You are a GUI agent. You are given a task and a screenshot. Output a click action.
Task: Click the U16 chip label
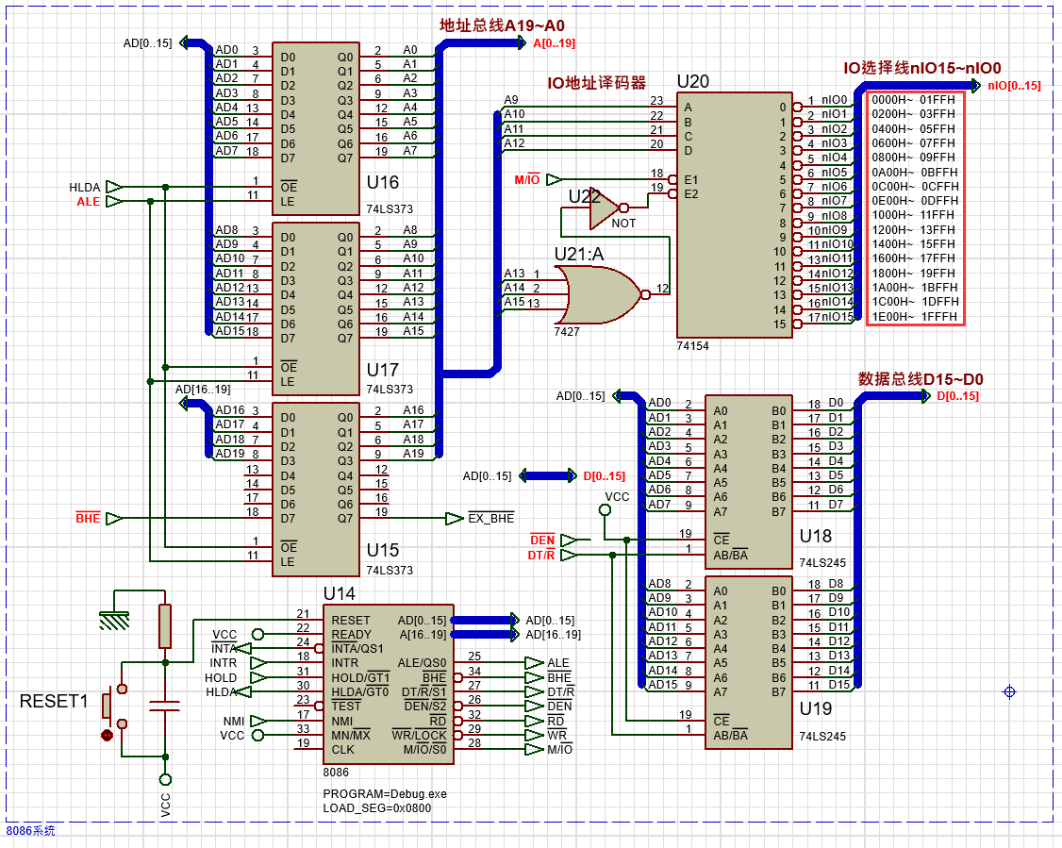(x=382, y=183)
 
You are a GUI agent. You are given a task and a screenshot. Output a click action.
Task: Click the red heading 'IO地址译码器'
(x=597, y=83)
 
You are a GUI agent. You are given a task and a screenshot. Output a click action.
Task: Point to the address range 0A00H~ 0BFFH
(x=913, y=173)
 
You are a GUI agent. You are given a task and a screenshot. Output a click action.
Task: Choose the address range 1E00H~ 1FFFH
(x=913, y=316)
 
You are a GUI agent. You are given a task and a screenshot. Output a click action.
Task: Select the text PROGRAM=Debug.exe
(x=385, y=793)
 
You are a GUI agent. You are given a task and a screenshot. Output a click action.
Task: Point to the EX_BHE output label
(x=491, y=519)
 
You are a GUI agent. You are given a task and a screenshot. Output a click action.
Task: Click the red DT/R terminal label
(x=540, y=556)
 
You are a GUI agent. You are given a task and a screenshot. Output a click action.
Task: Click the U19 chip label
(x=816, y=707)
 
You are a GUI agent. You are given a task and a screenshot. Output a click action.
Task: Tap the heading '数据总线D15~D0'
(x=921, y=379)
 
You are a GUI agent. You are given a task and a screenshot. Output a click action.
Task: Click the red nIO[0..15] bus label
(x=1014, y=86)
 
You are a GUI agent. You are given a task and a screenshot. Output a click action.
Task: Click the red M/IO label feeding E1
(x=526, y=179)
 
